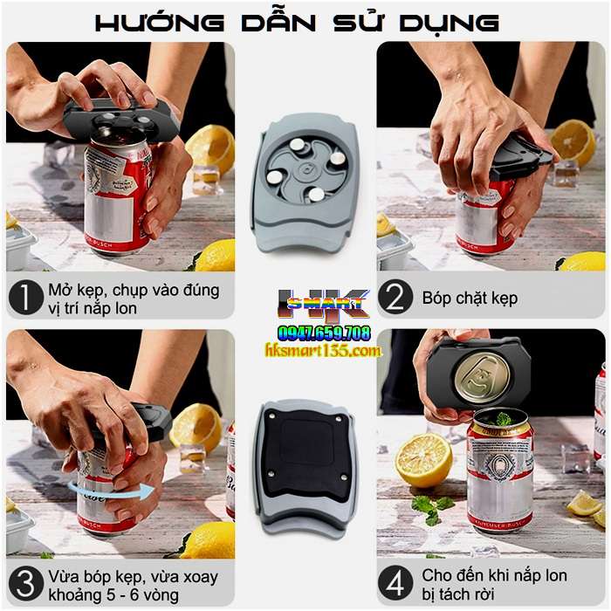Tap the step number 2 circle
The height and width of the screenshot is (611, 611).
(395, 299)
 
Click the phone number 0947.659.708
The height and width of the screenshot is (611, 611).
(324, 333)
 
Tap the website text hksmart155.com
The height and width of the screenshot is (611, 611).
(323, 351)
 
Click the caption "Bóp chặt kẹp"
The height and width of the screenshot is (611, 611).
(470, 299)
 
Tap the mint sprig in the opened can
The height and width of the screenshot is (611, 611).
(503, 419)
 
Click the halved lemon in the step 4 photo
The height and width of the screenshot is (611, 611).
(423, 459)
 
